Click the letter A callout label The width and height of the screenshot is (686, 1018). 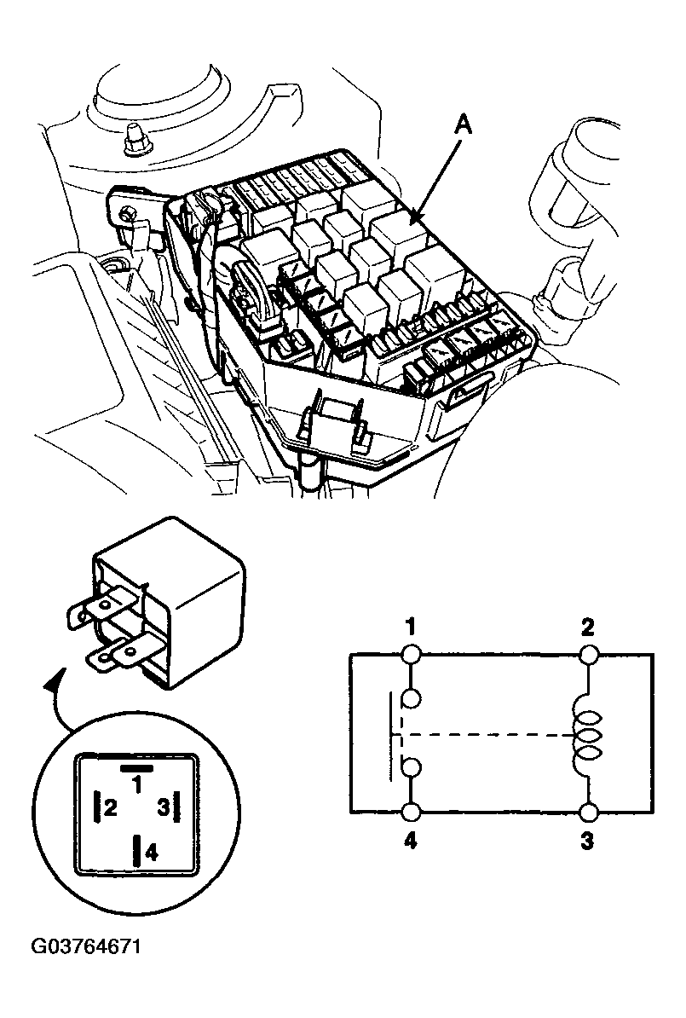463,124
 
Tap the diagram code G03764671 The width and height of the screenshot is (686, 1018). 86,946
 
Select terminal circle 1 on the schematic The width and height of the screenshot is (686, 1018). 412,654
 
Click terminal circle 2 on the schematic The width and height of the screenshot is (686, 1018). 589,654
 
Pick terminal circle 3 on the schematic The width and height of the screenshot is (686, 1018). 589,813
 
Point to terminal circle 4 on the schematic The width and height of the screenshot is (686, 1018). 412,813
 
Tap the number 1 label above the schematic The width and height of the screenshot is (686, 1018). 410,628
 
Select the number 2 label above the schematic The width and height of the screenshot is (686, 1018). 587,628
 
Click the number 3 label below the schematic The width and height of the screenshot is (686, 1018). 586,842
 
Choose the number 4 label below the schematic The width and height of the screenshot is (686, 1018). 410,842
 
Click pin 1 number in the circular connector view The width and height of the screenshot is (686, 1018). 137,785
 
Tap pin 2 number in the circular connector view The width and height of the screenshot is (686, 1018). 111,808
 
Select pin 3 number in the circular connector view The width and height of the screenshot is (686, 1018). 164,807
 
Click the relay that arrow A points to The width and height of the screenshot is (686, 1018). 399,234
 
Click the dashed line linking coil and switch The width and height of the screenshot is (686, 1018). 486,735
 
